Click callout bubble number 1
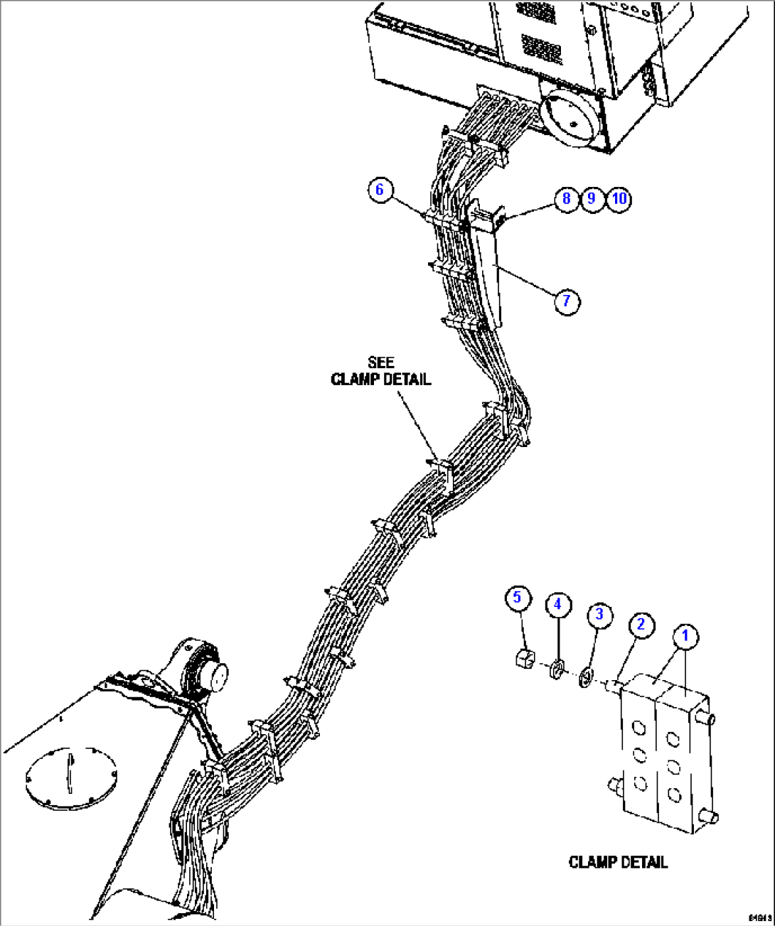coord(685,636)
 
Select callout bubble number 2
coord(641,624)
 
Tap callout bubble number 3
coord(599,613)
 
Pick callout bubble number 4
coord(557,604)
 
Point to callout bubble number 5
coord(517,597)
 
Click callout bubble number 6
coord(380,189)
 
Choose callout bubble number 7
coord(566,301)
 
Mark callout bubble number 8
coord(566,198)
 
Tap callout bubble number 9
coord(592,198)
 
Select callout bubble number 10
coord(619,198)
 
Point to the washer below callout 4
coord(557,669)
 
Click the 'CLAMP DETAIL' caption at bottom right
coord(618,862)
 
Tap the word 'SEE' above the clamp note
coord(381,363)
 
